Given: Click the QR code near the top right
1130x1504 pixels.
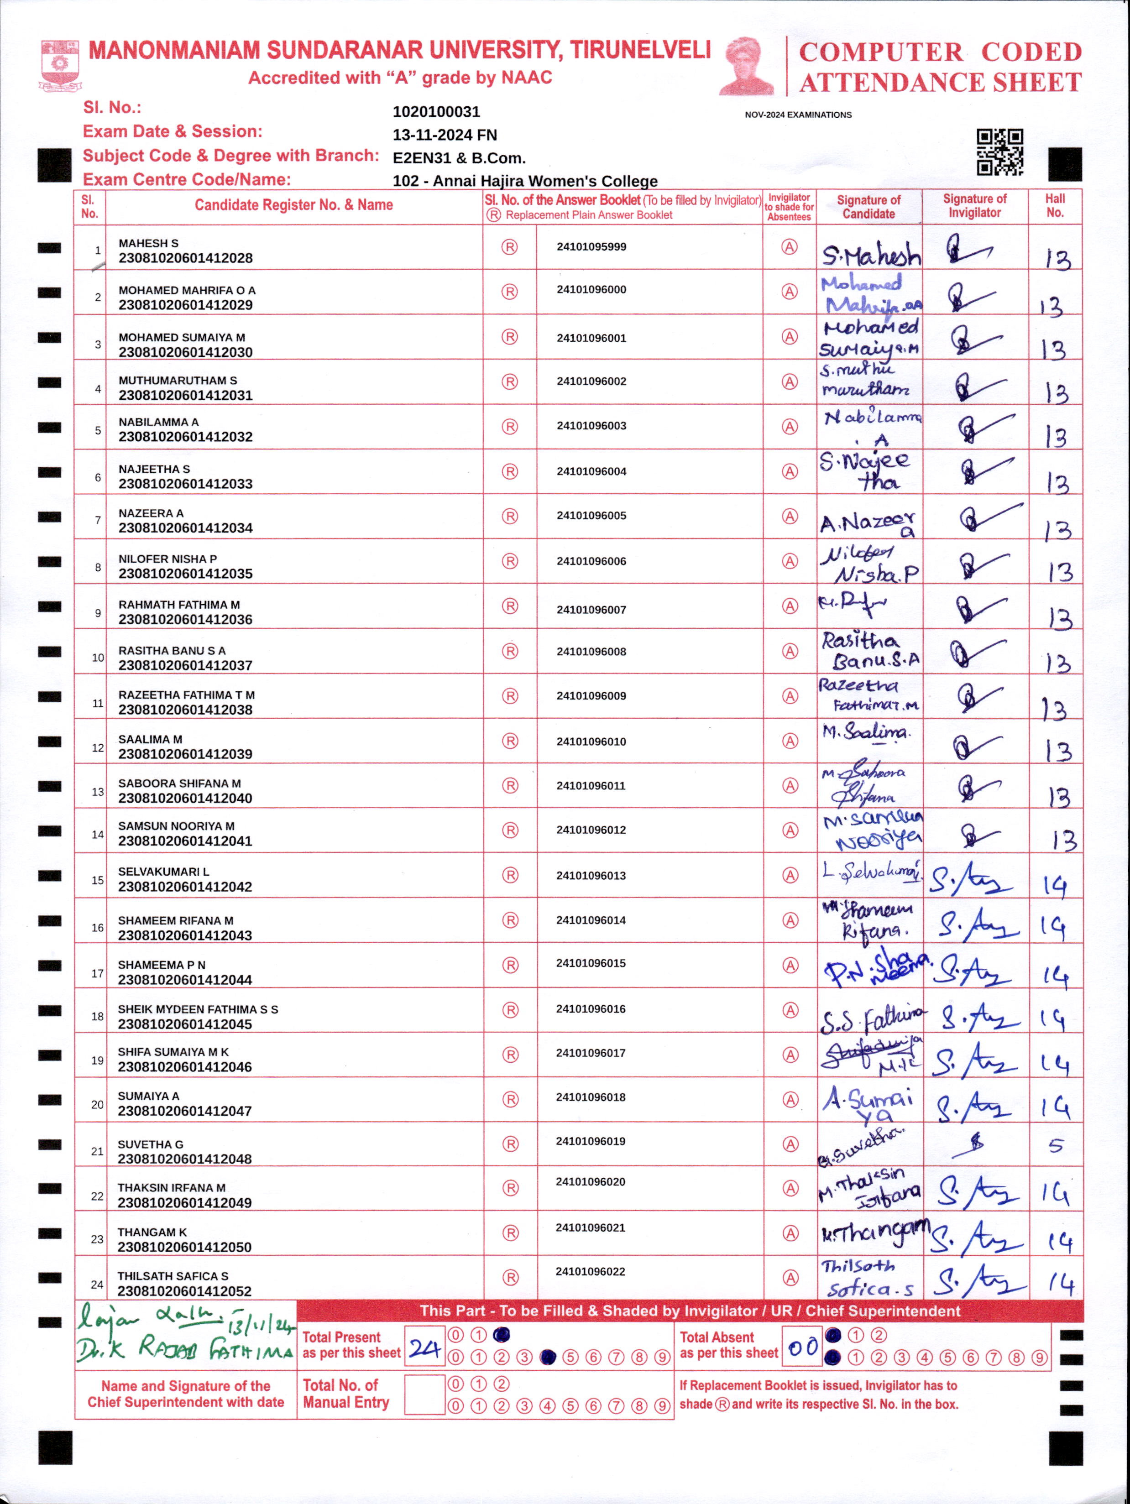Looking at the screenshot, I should point(999,152).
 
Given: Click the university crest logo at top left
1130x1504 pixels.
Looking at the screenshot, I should point(61,65).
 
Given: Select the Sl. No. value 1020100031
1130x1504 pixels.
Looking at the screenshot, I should point(436,111).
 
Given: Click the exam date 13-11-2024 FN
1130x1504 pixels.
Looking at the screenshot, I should point(444,135).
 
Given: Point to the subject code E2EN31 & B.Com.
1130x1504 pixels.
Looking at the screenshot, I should point(459,158).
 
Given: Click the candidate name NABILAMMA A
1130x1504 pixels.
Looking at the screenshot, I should point(158,422).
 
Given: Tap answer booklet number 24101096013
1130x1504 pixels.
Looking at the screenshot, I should point(591,875).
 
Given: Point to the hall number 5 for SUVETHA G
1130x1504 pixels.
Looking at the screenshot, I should point(1055,1146).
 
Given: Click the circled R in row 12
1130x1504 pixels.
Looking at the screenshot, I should point(510,741).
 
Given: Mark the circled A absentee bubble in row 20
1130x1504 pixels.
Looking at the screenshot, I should point(790,1099).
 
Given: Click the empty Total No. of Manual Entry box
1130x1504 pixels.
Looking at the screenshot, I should point(424,1394).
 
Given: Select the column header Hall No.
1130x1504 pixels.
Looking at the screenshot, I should point(1055,205).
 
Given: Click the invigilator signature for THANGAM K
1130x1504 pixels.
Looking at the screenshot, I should point(975,1237).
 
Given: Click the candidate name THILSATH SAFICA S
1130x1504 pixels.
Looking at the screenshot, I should point(173,1276).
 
